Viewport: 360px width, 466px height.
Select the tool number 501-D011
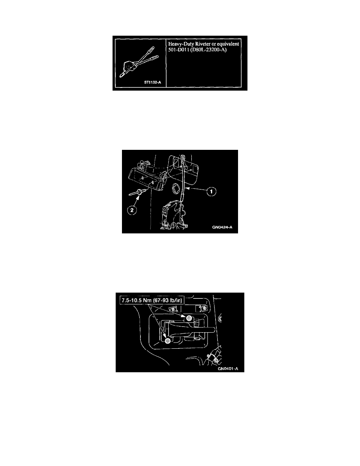point(178,50)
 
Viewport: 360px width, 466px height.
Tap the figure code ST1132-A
point(153,82)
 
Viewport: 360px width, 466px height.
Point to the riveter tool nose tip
point(121,76)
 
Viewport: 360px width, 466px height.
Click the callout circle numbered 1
point(211,192)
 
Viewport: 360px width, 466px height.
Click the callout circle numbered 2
point(132,210)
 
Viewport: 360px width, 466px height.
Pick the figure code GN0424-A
point(222,228)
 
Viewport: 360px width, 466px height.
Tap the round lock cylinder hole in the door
point(175,188)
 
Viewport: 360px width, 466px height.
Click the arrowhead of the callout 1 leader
point(187,188)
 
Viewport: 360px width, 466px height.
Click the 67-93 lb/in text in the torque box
point(168,300)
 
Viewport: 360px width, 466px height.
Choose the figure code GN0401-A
point(228,369)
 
